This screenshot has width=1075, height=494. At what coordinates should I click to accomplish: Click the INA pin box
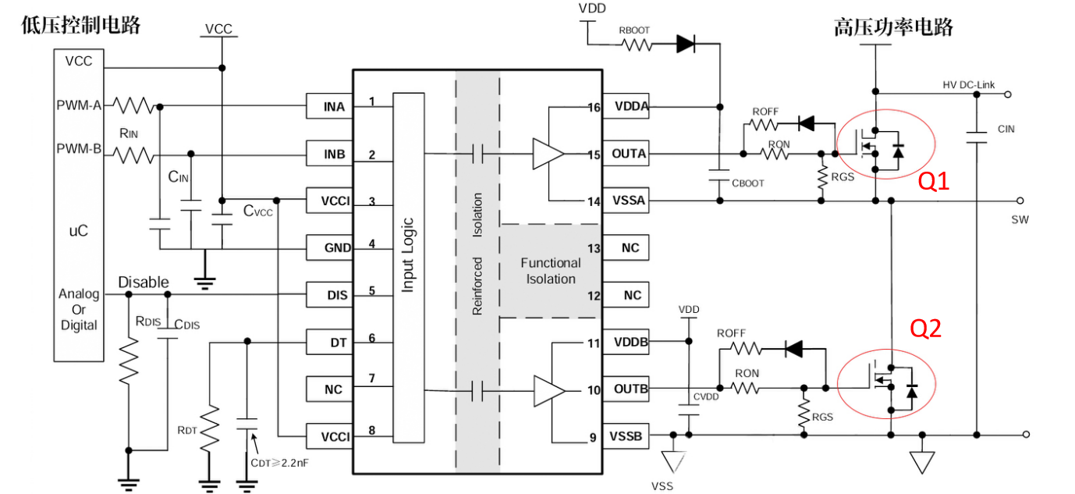click(x=328, y=106)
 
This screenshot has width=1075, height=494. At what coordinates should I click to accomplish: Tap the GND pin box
click(x=328, y=247)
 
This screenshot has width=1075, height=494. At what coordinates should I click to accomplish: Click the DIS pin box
click(x=328, y=295)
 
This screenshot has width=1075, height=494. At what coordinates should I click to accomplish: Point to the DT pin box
click(x=328, y=342)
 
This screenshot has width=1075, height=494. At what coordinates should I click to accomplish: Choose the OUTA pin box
click(x=626, y=154)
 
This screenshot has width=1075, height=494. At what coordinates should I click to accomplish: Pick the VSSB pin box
click(x=626, y=435)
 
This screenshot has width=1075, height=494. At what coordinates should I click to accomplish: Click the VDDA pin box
click(x=626, y=107)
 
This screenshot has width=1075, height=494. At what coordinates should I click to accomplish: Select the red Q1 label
click(x=933, y=182)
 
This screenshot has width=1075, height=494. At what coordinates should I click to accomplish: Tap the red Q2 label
click(x=926, y=329)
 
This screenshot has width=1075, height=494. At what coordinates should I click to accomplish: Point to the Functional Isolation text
click(x=551, y=271)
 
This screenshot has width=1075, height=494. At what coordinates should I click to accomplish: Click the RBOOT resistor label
click(x=634, y=30)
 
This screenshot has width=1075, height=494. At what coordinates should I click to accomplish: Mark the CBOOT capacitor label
click(x=747, y=183)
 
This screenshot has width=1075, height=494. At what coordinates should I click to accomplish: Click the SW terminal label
click(x=1020, y=219)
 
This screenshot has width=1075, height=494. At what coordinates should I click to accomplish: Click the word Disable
click(x=144, y=282)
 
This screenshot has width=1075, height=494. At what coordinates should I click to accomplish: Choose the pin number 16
click(x=594, y=108)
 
